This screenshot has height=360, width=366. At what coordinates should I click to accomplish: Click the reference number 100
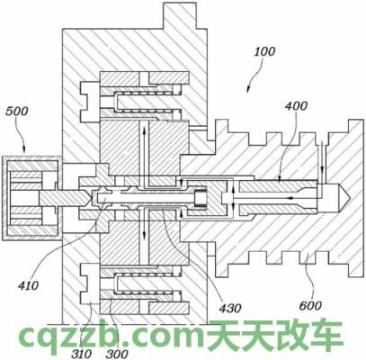(264, 52)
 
